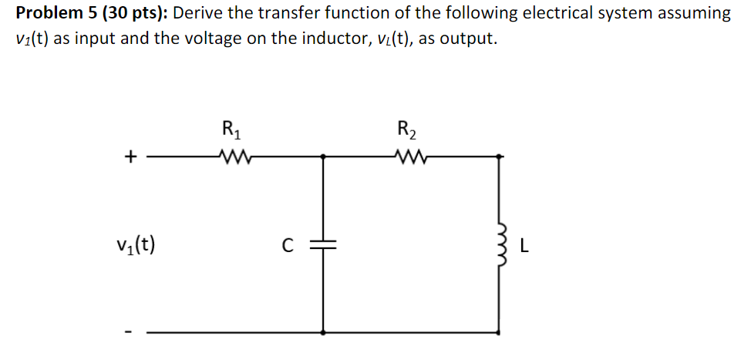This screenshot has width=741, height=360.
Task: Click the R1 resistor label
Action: point(230,129)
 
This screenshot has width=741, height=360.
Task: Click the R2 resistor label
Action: point(405,129)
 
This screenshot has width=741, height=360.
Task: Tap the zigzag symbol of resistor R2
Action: point(406,157)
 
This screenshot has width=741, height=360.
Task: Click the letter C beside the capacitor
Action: point(287,247)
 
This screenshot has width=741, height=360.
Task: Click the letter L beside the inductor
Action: point(524,247)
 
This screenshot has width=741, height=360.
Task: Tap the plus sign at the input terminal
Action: point(131,157)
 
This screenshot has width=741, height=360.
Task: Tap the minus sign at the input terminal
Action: point(131,333)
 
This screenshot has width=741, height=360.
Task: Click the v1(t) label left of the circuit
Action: point(135,246)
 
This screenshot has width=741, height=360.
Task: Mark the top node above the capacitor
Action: point(322,156)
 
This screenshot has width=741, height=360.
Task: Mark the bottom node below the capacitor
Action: point(322,332)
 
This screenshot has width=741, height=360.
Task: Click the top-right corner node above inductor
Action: point(499,156)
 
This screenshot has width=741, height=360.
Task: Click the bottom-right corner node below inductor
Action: point(499,332)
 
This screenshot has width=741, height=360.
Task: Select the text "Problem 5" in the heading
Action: point(52,13)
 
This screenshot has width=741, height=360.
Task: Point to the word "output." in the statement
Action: point(466,39)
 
